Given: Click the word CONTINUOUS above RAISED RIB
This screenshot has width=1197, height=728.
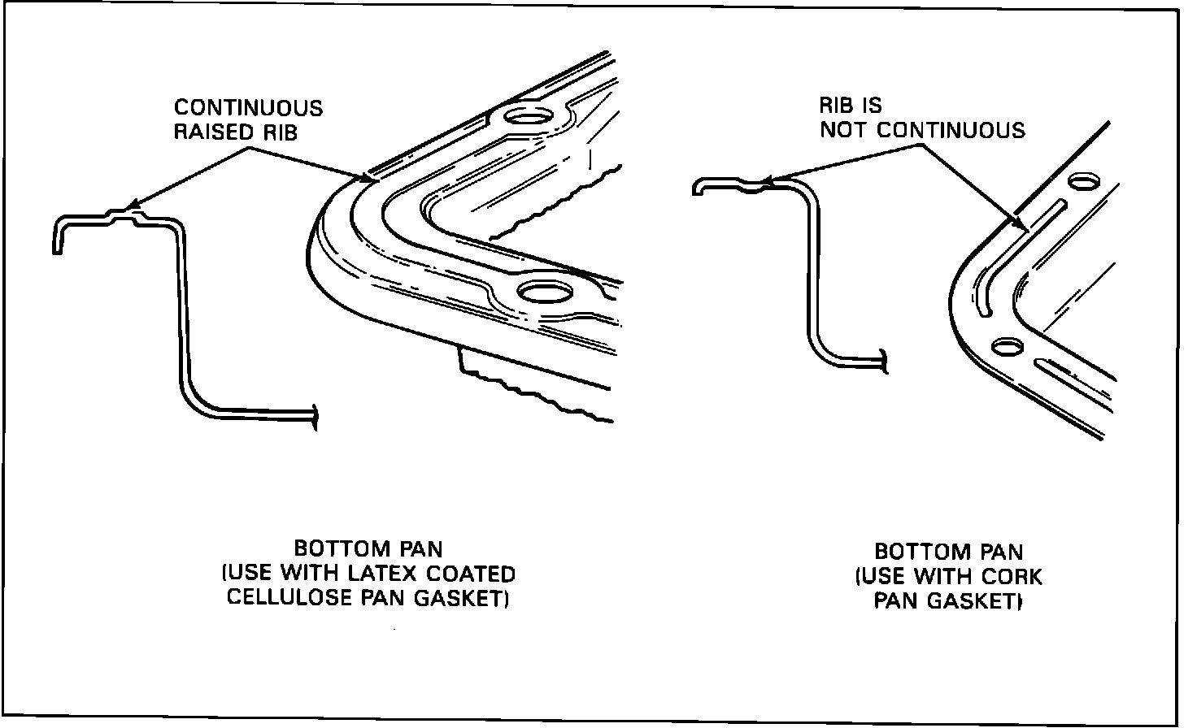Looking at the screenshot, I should click(x=249, y=108).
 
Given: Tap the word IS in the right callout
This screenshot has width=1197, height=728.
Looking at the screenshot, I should click(x=868, y=106).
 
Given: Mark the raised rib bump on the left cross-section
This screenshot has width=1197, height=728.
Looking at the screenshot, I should click(x=126, y=214).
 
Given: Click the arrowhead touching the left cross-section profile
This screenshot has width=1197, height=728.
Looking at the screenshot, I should click(x=130, y=206).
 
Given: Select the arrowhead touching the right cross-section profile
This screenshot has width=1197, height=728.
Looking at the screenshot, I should click(x=769, y=180).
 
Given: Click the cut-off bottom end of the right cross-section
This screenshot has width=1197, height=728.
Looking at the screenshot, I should click(x=884, y=362).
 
